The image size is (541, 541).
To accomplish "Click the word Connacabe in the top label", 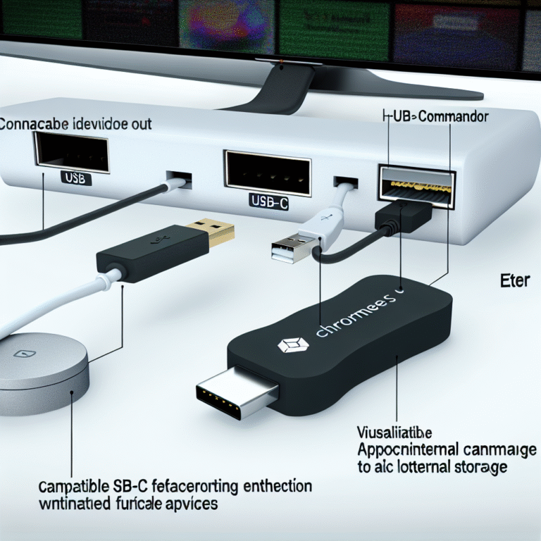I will pyautogui.click(x=35, y=124).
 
